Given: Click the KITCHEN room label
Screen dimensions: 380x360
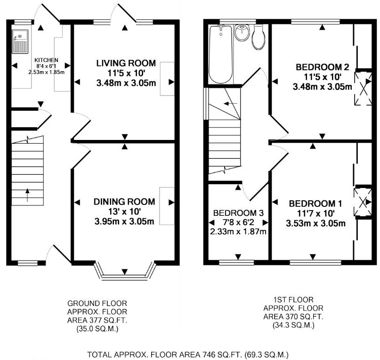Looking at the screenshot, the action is click(46, 60).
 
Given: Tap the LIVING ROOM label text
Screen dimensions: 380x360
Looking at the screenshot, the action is click(126, 63).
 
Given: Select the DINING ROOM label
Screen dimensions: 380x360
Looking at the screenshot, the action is click(124, 202).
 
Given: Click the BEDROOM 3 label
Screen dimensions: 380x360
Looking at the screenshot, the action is click(238, 213).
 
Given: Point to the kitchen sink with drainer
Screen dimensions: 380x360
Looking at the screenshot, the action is click(20, 41).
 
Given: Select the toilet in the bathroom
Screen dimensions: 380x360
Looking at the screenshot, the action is click(259, 37).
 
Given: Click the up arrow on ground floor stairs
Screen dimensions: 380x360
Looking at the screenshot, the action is click(27, 195).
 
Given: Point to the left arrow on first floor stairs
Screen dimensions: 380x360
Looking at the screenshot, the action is click(230, 104).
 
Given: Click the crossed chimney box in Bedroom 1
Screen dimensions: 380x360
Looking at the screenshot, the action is click(363, 202).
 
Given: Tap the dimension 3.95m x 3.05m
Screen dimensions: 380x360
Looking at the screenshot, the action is click(124, 221).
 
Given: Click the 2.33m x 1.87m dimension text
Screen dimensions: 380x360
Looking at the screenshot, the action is click(238, 231).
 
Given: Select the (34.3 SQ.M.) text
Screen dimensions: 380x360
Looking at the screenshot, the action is click(293, 325).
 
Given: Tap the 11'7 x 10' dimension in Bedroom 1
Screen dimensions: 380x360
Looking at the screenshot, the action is click(316, 213).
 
